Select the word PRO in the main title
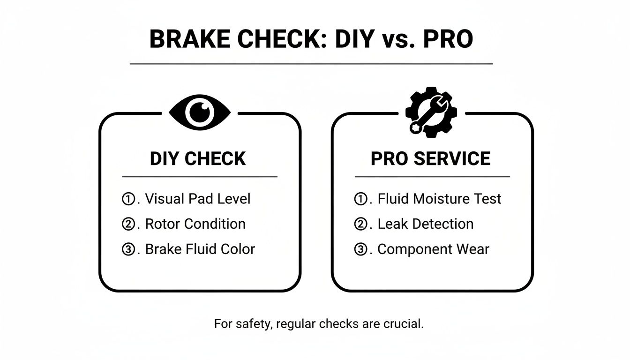tap(448, 40)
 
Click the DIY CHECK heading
tap(197, 159)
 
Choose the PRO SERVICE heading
tap(430, 159)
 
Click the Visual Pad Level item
tap(197, 199)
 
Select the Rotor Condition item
tap(195, 224)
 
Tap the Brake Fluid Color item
tap(200, 249)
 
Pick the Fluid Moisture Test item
tap(439, 199)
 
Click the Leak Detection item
tap(425, 224)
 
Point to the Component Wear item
tap(433, 249)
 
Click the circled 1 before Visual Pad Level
tap(128, 199)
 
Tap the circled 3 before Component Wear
tap(360, 249)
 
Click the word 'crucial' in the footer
tap(406, 324)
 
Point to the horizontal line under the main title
tap(311, 63)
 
